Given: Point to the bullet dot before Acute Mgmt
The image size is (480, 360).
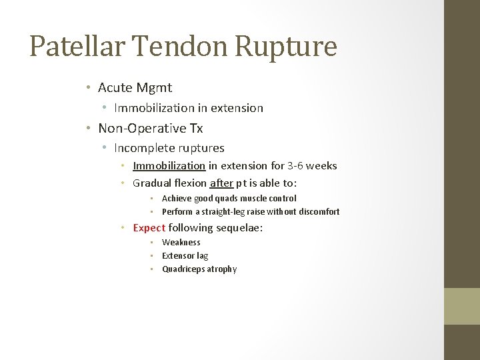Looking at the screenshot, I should click(x=88, y=87).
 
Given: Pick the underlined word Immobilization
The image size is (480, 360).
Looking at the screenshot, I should click(x=169, y=166).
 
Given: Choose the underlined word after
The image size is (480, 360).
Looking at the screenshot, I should click(x=221, y=183).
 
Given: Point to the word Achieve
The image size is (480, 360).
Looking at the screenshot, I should click(x=177, y=198).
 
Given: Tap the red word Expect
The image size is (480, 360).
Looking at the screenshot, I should click(x=149, y=228).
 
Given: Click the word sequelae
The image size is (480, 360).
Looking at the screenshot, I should click(x=239, y=228).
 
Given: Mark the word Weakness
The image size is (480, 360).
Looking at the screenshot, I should click(x=181, y=243).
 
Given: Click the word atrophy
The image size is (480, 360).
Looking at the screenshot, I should click(x=221, y=269).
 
